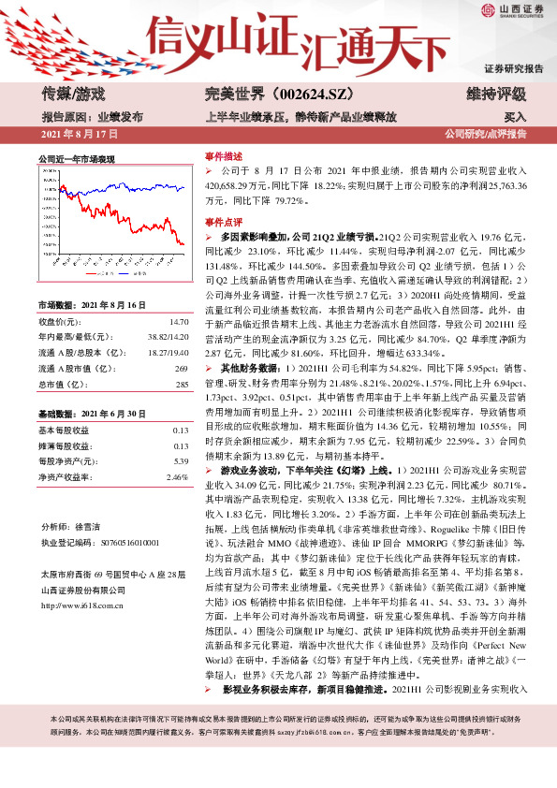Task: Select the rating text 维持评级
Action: (x=495, y=94)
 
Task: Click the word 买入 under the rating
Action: (x=515, y=118)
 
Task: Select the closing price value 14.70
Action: (x=181, y=321)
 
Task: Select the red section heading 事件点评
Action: (x=224, y=222)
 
